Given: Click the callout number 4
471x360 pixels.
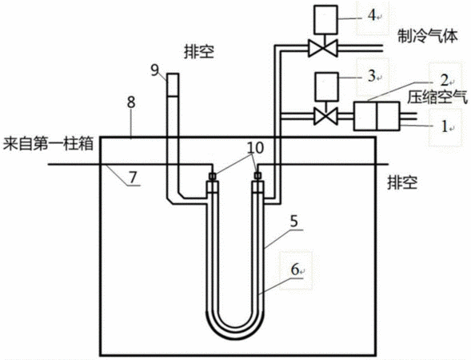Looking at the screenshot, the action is pyautogui.click(x=372, y=16).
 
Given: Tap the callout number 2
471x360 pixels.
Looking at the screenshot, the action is pyautogui.click(x=445, y=80).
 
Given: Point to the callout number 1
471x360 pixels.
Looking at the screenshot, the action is pyautogui.click(x=445, y=126).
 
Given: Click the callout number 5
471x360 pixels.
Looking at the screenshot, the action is pyautogui.click(x=293, y=221).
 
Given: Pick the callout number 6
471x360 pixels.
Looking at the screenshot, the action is pyautogui.click(x=295, y=270).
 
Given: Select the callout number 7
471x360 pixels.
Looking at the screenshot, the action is pyautogui.click(x=133, y=178).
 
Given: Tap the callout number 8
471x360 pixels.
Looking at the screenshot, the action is pyautogui.click(x=131, y=102).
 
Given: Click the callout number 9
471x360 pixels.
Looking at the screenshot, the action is pyautogui.click(x=154, y=70).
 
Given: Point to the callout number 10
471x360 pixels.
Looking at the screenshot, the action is pyautogui.click(x=255, y=148).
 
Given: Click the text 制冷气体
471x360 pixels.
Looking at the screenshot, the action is pyautogui.click(x=428, y=36).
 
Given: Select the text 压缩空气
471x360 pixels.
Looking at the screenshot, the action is pyautogui.click(x=437, y=97).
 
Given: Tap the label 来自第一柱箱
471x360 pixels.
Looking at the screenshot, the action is pyautogui.click(x=48, y=144).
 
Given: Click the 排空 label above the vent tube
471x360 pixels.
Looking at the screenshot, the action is pyautogui.click(x=199, y=52).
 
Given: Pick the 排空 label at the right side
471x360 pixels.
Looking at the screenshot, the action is pyautogui.click(x=402, y=182).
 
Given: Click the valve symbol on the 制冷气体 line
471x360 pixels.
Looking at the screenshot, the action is pyautogui.click(x=323, y=48).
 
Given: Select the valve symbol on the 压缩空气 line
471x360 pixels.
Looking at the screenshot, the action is pyautogui.click(x=325, y=116).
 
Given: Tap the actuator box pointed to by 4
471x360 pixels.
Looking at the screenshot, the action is pyautogui.click(x=325, y=19).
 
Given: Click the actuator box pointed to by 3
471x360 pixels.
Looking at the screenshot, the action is pyautogui.click(x=325, y=86).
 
